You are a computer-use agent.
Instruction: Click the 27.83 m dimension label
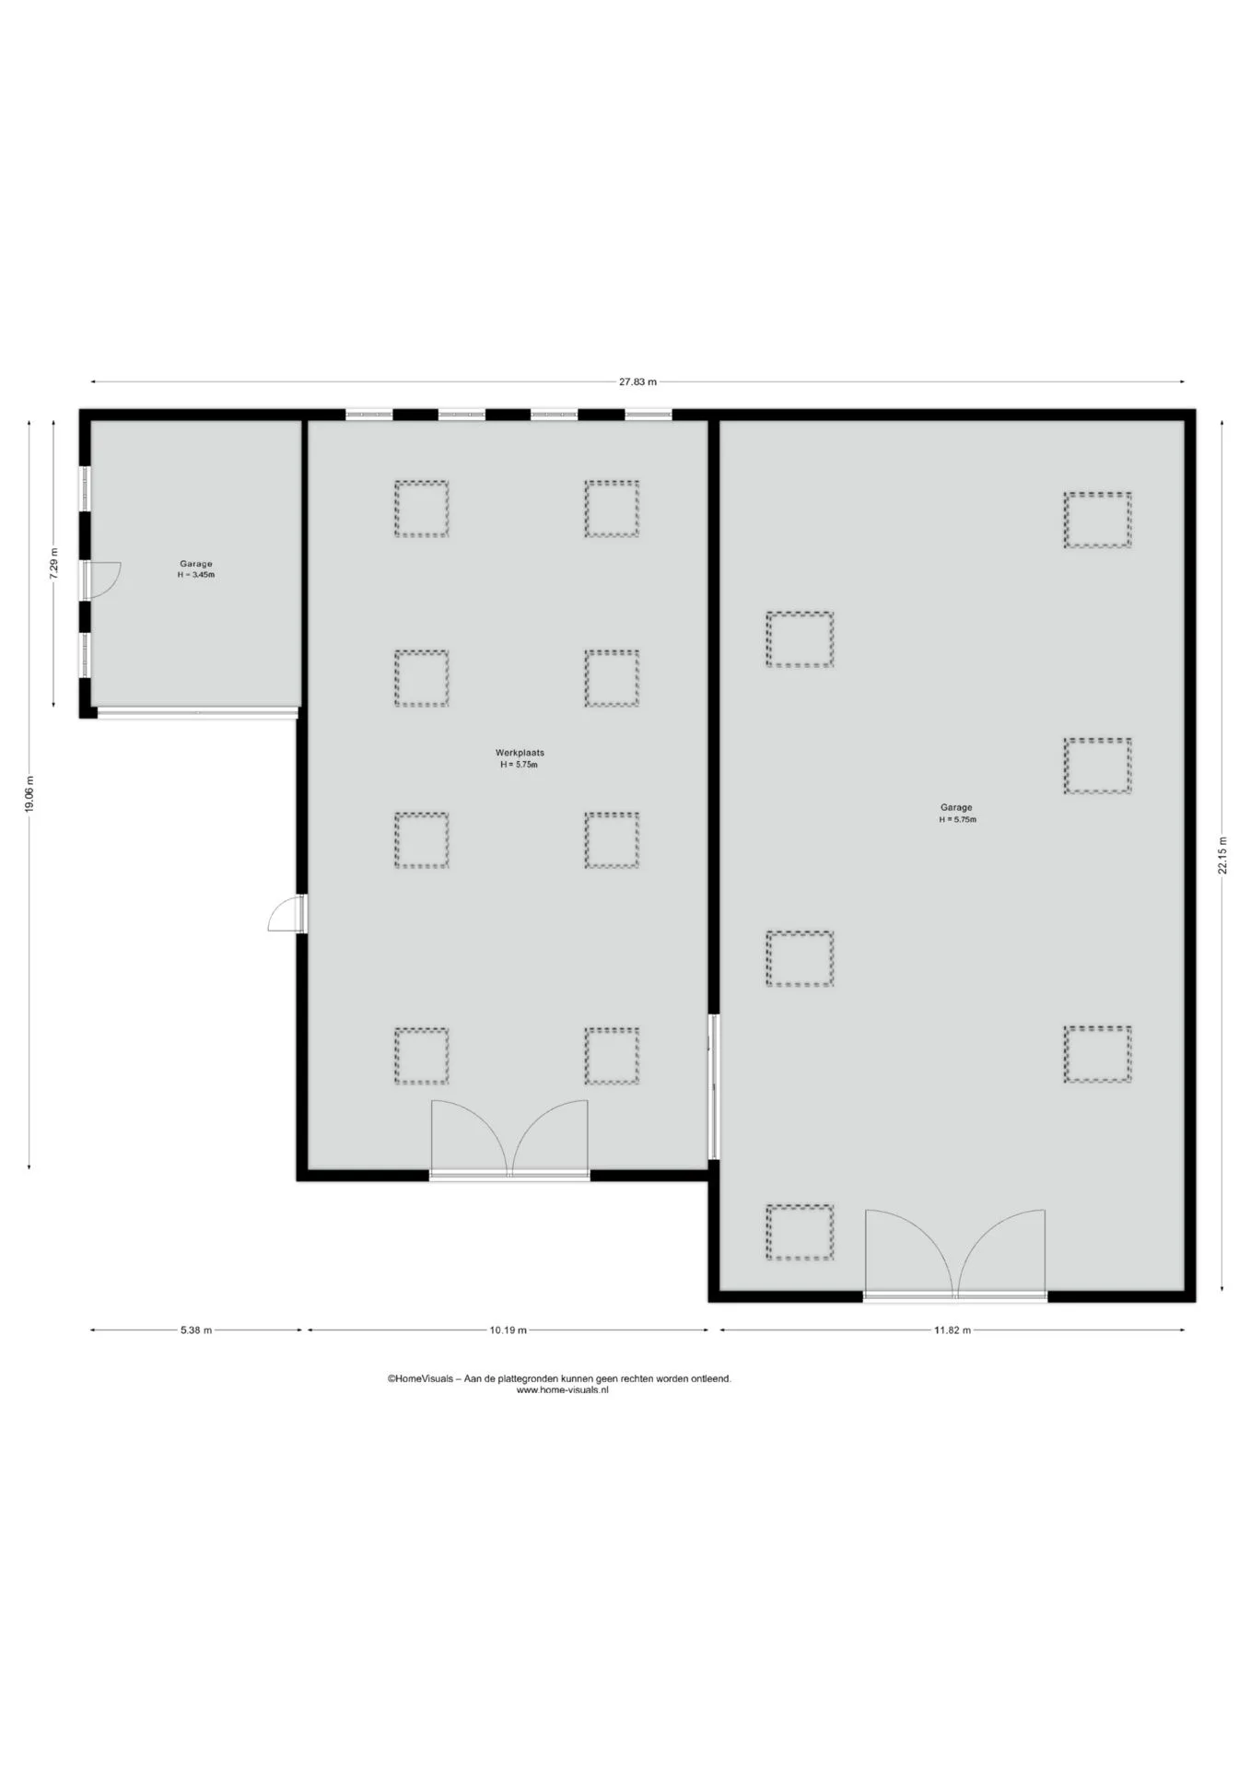point(637,382)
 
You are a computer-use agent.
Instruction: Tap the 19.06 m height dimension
point(29,793)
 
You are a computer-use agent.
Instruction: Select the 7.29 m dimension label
point(54,564)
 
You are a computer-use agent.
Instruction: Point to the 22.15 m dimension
point(1222,855)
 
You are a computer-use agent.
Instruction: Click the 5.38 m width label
point(196,1330)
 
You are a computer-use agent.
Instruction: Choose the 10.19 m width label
point(508,1330)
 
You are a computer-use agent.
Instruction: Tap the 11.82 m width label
point(952,1330)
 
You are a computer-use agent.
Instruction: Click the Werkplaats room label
point(520,753)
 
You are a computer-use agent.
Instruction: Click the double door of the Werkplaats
point(509,1139)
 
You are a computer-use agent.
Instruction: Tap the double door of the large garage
point(955,1254)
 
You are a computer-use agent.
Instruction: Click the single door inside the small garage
point(101,579)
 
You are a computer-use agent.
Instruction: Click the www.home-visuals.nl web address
point(562,1390)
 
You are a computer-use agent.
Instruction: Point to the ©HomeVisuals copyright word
point(420,1379)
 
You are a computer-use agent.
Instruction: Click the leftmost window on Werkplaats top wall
point(369,415)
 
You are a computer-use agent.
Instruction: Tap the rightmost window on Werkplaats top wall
point(649,415)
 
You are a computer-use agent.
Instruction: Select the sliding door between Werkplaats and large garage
point(713,1087)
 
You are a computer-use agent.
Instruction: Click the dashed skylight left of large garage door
point(800,1233)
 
